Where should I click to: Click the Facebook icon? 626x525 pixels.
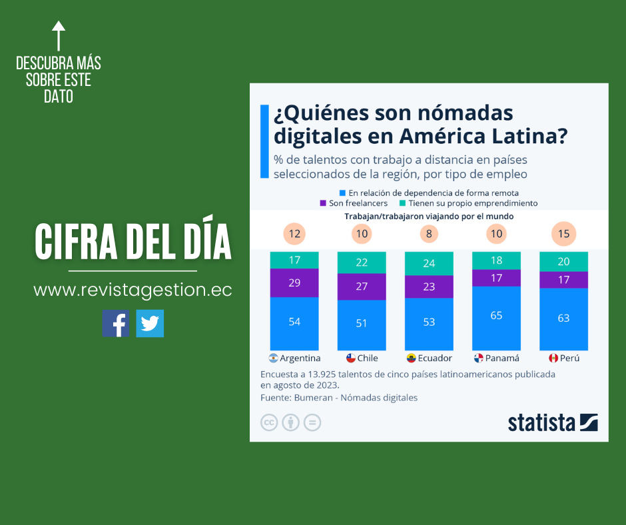(115, 323)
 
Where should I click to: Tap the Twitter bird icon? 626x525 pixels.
(150, 323)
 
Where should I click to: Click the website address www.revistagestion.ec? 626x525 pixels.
(133, 290)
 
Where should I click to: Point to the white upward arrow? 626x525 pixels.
(59, 36)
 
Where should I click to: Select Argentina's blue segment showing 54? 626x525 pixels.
(294, 322)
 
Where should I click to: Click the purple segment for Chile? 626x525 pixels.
(362, 286)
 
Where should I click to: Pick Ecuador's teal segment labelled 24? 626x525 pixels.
(429, 262)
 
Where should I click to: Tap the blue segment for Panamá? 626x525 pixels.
(496, 316)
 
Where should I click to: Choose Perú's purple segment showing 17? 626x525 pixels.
(563, 280)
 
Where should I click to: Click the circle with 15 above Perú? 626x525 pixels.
(563, 234)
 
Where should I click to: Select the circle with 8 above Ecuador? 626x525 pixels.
(429, 234)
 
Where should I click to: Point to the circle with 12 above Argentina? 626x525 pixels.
(294, 234)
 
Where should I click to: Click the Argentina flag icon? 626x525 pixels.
(274, 358)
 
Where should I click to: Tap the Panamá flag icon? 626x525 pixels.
(478, 358)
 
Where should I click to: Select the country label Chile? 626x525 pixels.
(368, 358)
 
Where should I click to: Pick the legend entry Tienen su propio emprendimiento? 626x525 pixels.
(472, 203)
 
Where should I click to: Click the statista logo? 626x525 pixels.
(552, 422)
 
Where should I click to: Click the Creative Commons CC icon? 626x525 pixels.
(269, 422)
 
